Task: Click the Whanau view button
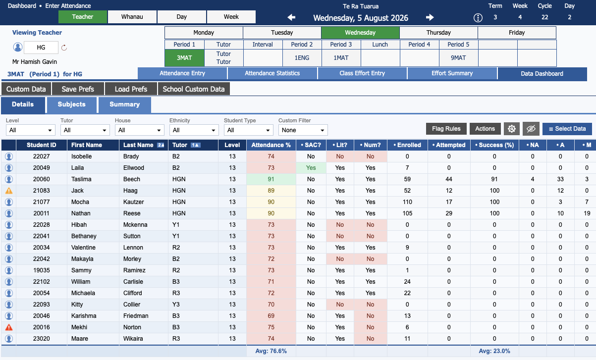[x=132, y=17]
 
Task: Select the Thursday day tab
[x=438, y=33]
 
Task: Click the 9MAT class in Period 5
[x=458, y=58]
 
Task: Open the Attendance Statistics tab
[x=272, y=73]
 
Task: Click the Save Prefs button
[x=78, y=89]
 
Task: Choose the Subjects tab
[x=71, y=104]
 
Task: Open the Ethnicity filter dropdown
[x=194, y=130]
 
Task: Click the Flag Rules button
[x=446, y=129]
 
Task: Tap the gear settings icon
[x=511, y=129]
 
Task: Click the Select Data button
[x=567, y=129]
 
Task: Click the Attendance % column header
[x=271, y=145]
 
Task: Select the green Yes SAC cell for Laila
[x=311, y=168]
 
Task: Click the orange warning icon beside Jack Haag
[x=9, y=191]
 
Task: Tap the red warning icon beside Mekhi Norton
[x=9, y=327]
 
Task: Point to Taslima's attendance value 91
[x=271, y=179]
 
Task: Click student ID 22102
[x=41, y=282]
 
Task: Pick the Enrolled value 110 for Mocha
[x=407, y=202]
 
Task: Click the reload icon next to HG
[x=64, y=48]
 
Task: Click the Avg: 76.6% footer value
[x=271, y=351]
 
